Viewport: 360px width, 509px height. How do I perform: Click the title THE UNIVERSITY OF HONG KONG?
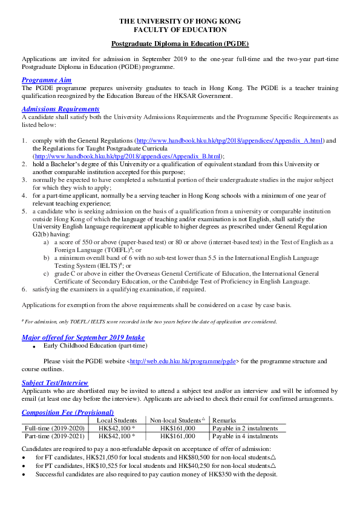180,21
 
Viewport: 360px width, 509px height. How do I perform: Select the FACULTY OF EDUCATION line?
180,29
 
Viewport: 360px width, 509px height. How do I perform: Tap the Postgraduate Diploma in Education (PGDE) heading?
180,44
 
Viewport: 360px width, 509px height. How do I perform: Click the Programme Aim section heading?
47,80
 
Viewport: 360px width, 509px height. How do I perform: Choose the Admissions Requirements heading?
61,109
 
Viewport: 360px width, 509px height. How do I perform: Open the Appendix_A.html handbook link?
231,140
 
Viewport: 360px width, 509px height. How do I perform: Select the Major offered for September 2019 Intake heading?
83,337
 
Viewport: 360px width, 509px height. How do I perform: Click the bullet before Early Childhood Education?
36,346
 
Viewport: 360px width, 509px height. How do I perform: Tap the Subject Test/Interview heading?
55,383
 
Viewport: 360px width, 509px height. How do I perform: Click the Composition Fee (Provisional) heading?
68,412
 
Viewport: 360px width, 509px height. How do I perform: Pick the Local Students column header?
117,420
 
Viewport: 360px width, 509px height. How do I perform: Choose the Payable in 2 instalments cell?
245,428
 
